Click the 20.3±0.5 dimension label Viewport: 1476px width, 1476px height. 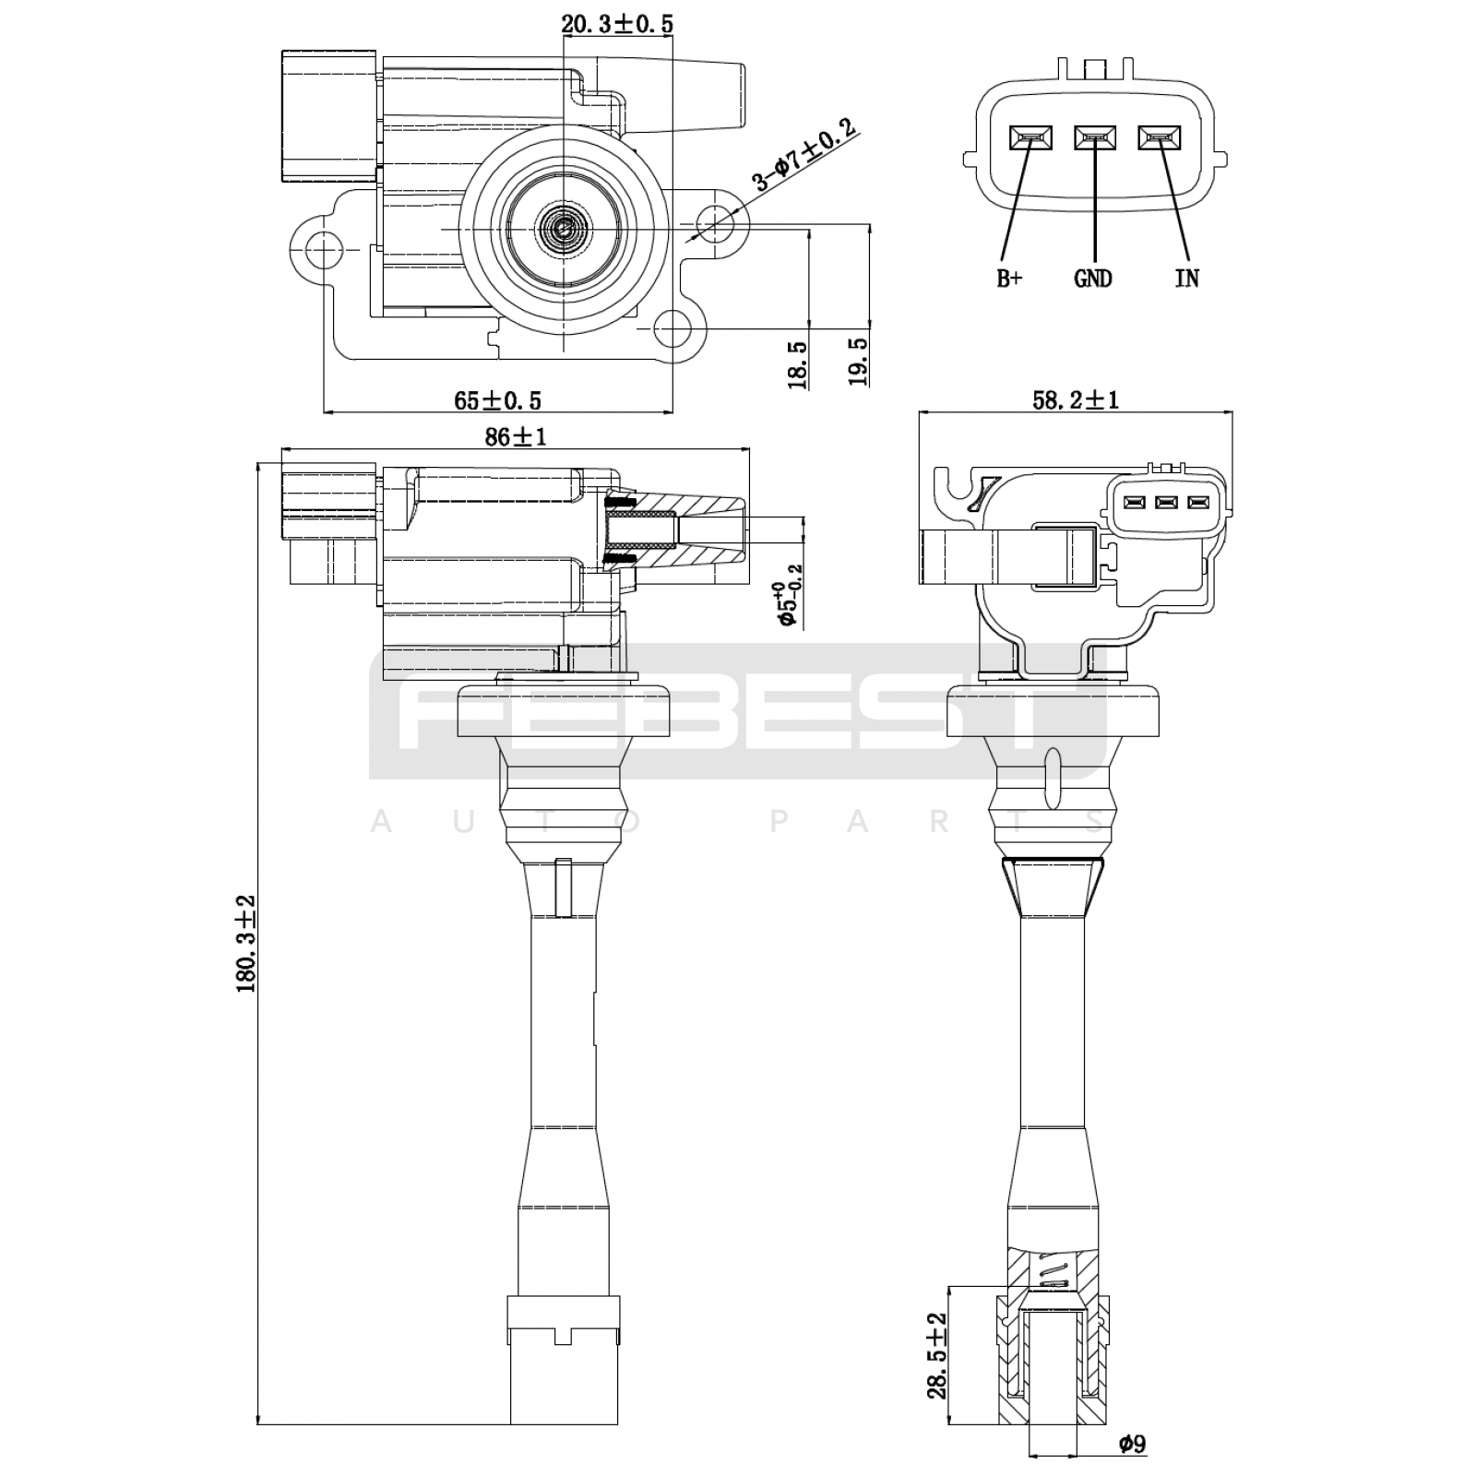click(x=617, y=24)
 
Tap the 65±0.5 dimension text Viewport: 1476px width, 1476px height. click(x=497, y=399)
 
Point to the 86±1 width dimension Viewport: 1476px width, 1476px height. click(x=516, y=436)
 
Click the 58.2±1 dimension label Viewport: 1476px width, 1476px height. click(x=1075, y=399)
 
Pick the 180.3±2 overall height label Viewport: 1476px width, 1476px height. click(x=245, y=943)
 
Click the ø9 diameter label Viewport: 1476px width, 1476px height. click(x=1131, y=1443)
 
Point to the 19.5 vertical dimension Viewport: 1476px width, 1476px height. click(x=859, y=361)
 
